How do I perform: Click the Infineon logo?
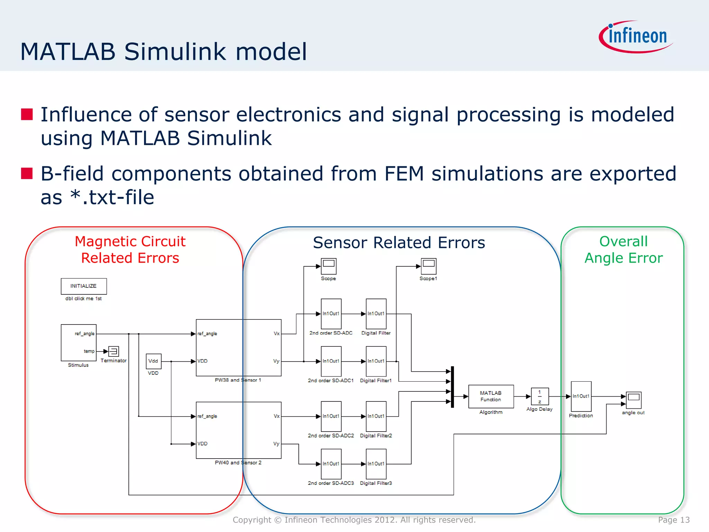[x=636, y=37]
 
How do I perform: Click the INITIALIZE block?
[x=84, y=286]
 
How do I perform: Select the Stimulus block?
[x=79, y=343]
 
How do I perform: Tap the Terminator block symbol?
[x=114, y=351]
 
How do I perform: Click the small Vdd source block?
[x=153, y=361]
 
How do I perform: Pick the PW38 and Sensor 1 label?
[x=238, y=380]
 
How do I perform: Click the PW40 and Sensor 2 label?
[x=238, y=462]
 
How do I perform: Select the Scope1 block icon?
[x=428, y=266]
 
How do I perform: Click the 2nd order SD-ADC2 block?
[x=331, y=416]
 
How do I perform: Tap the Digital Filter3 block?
[x=376, y=464]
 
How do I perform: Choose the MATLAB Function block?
[x=491, y=396]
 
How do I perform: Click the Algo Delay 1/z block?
[x=540, y=397]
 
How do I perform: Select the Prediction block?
[x=581, y=396]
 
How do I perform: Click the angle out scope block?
[x=634, y=400]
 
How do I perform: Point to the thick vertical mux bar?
[x=452, y=387]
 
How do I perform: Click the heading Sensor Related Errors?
[x=399, y=242]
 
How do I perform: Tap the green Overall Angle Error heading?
[x=623, y=250]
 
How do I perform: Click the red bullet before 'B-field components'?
[x=27, y=173]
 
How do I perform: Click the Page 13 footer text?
[x=674, y=520]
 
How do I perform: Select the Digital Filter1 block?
[x=376, y=361]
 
